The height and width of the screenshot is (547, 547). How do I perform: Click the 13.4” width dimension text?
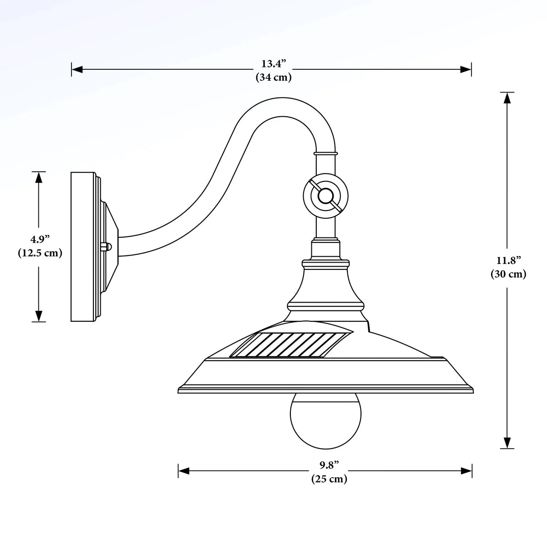click(273, 63)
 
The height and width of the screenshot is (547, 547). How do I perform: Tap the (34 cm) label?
click(273, 77)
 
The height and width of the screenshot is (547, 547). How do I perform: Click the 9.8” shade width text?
click(329, 465)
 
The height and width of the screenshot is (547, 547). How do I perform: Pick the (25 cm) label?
click(329, 479)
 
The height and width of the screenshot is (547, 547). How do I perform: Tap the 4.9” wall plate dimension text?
click(40, 239)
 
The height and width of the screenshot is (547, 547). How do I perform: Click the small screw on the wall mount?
click(105, 247)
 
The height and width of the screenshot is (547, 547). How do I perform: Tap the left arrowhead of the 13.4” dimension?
click(77, 70)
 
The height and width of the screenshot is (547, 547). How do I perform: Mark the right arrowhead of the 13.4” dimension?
click(466, 70)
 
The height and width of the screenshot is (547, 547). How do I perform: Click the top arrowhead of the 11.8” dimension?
click(507, 98)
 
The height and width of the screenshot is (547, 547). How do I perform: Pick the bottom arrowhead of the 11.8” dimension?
click(507, 443)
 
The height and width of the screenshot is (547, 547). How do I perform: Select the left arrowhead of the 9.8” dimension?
click(183, 471)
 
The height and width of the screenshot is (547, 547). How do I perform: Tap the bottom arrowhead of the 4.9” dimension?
click(39, 316)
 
